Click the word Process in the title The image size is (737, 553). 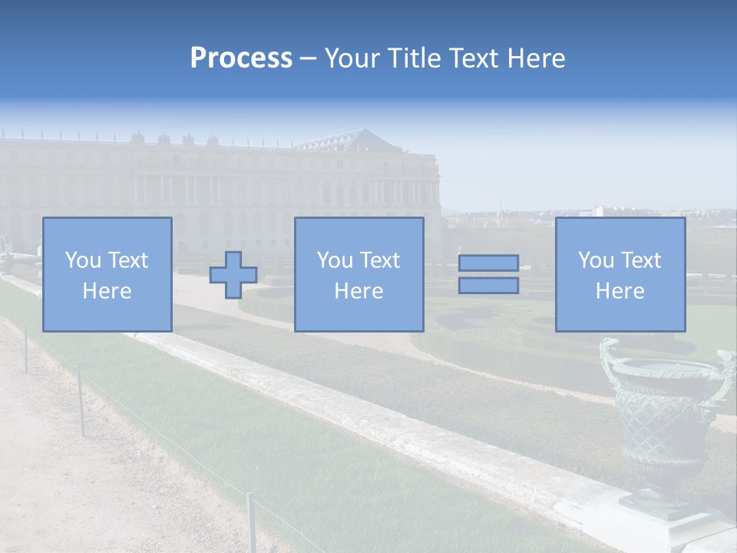[x=241, y=58]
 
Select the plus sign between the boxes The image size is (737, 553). [x=233, y=275]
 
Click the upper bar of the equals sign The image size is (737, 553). [x=488, y=263]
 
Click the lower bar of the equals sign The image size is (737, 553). [x=488, y=285]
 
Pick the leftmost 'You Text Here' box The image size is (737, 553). [x=107, y=274]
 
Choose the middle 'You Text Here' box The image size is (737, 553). [x=359, y=274]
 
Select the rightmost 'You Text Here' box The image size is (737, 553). [x=620, y=274]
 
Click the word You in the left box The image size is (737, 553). [x=82, y=260]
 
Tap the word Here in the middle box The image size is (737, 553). [x=359, y=291]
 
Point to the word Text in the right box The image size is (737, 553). [x=640, y=260]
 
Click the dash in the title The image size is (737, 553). [x=309, y=59]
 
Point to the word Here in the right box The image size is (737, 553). [x=620, y=291]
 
